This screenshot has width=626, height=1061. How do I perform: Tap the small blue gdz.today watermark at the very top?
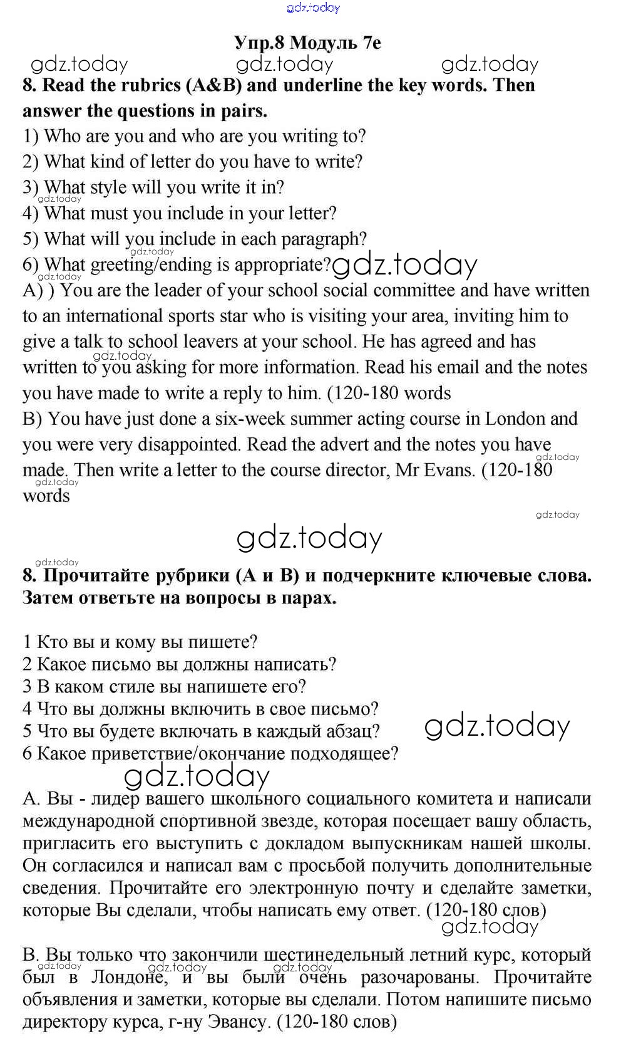click(313, 8)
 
